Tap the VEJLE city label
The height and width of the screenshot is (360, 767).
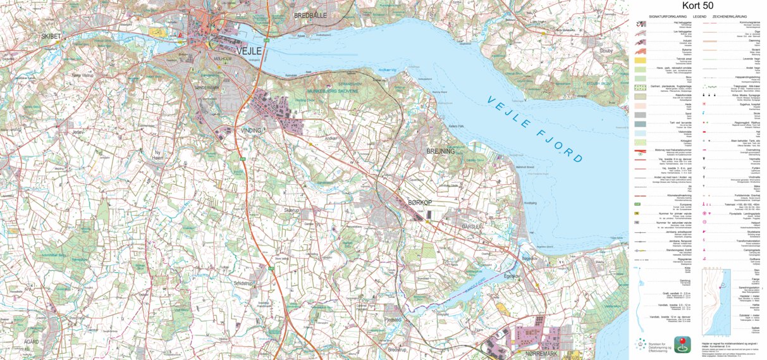(249, 51)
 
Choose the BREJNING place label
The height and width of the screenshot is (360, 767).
(441, 151)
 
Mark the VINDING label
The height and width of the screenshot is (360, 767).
(251, 130)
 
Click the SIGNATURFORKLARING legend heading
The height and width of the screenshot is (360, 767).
(668, 16)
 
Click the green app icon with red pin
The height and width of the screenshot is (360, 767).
(684, 344)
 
